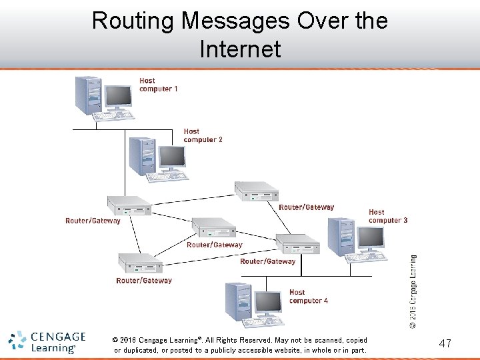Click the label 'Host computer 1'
158,85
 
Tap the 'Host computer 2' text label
203,135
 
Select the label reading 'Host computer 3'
387,216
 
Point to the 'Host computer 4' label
308,296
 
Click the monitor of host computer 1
118,97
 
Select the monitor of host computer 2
172,157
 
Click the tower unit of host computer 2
143,156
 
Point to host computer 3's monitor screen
371,237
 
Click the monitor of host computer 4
268,303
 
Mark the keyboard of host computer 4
262,323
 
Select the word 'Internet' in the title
240,49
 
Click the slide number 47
445,343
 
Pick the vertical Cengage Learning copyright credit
413,291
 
